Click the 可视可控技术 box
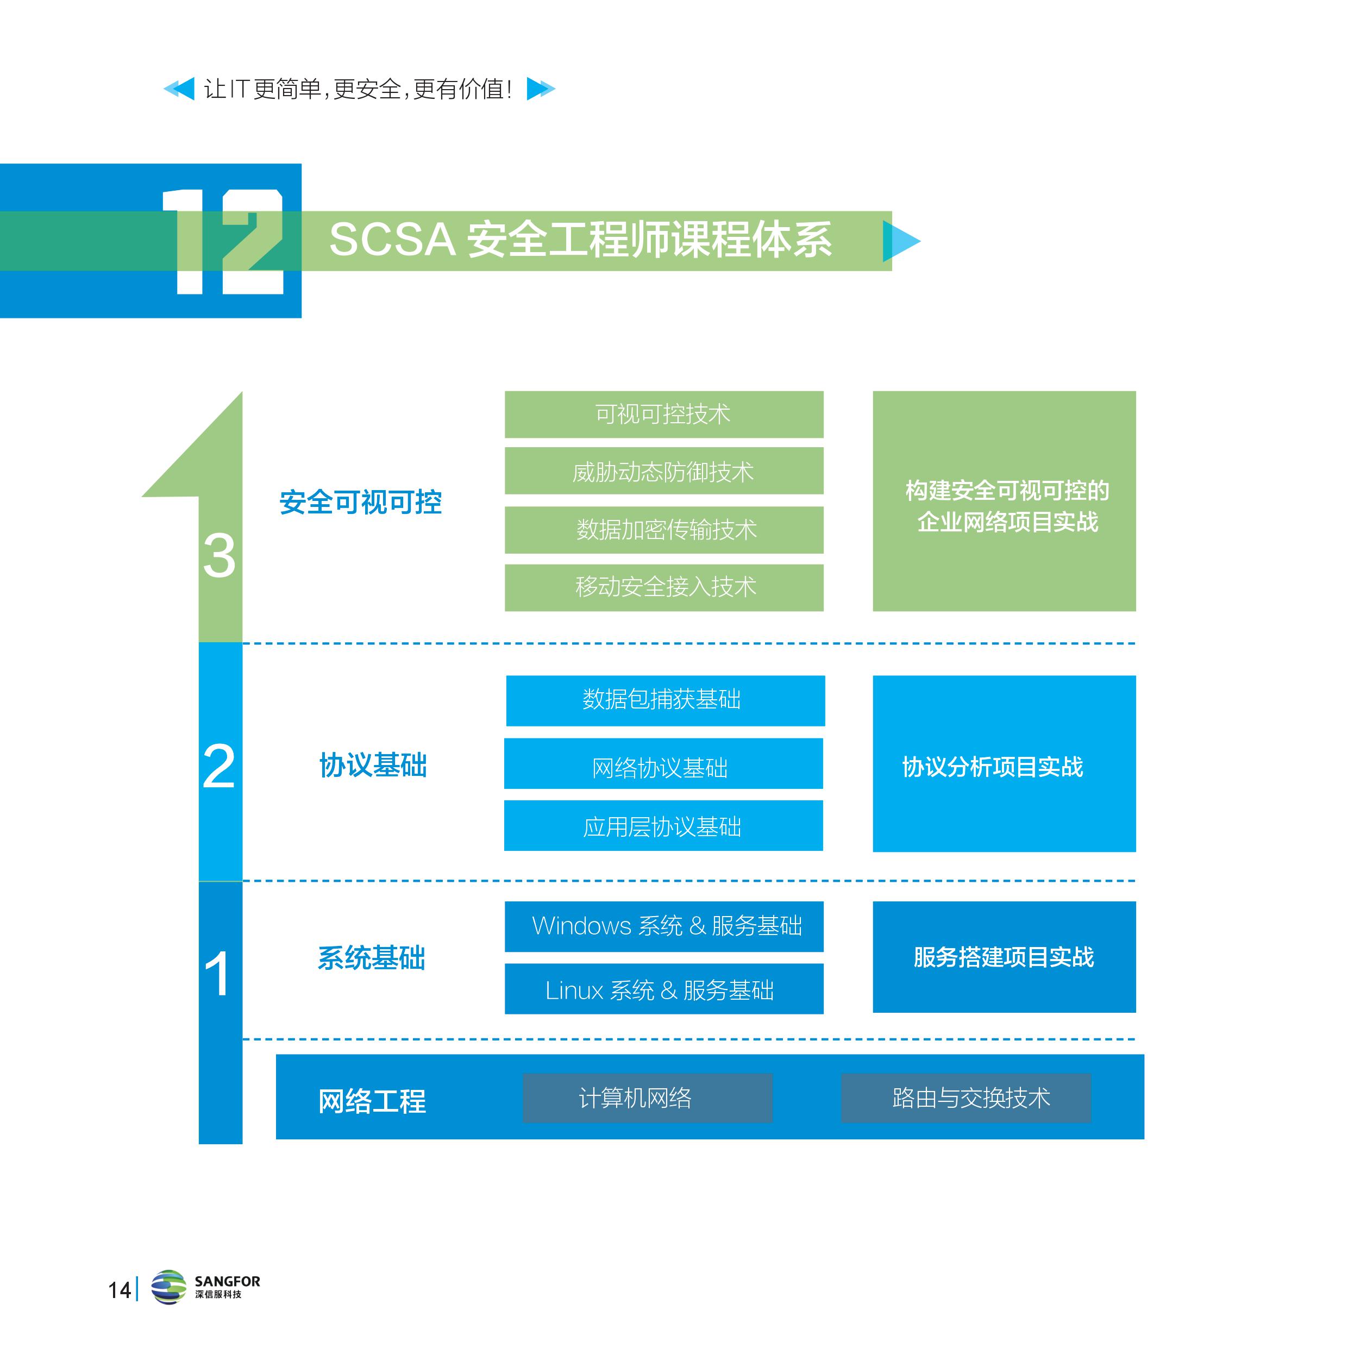click(x=663, y=415)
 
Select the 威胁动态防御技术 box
click(x=663, y=472)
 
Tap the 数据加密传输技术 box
click(x=663, y=530)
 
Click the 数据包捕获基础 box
click(x=665, y=700)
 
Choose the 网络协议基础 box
click(x=663, y=764)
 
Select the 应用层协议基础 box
click(x=663, y=826)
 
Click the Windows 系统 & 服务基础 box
click(x=663, y=926)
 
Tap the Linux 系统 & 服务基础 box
click(x=663, y=989)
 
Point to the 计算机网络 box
click(x=648, y=1098)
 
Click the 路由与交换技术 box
click(x=965, y=1098)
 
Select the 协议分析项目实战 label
click(x=992, y=767)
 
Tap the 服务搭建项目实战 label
click(x=1004, y=957)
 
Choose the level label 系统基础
click(x=371, y=958)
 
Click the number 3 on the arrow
click(x=219, y=556)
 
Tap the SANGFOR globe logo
click(x=169, y=1287)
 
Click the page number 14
click(x=120, y=1290)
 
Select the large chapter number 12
click(x=223, y=241)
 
